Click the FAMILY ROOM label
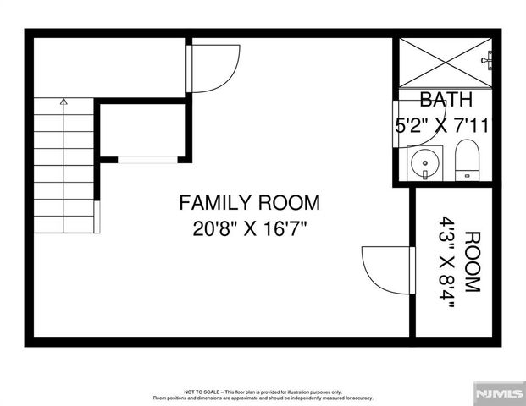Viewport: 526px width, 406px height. [x=249, y=203]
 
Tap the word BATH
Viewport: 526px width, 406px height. [x=445, y=101]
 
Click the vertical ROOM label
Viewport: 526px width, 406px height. [x=472, y=261]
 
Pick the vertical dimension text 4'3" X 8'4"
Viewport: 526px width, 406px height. [x=446, y=261]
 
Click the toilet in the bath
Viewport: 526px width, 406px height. [x=467, y=161]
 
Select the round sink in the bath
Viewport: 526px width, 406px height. [x=423, y=161]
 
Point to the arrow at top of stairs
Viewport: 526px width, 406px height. [x=64, y=101]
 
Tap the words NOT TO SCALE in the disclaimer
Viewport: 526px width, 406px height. [x=201, y=392]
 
